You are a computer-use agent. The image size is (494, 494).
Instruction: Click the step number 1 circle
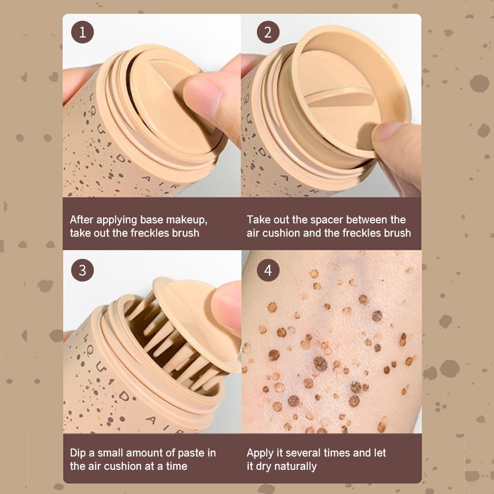pos(82,32)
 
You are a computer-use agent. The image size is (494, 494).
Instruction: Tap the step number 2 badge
pos(268,32)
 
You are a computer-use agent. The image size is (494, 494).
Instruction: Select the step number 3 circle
pos(82,270)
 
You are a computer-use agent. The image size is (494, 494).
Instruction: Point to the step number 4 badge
pos(268,270)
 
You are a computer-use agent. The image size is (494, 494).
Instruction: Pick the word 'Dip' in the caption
pos(78,453)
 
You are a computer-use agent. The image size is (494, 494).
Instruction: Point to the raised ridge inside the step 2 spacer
pos(340,97)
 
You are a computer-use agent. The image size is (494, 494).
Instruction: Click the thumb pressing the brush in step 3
pos(227,307)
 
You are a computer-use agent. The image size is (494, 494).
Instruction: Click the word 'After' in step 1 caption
pos(82,220)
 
